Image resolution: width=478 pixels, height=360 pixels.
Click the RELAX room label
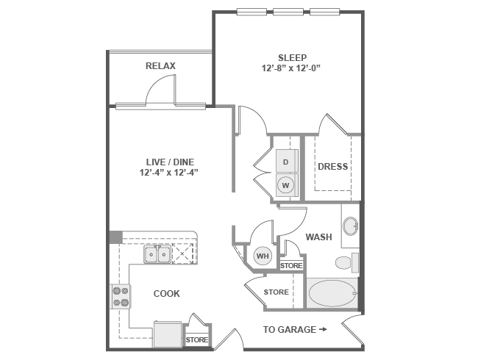[160, 66]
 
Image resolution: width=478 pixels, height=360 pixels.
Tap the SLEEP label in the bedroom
[292, 57]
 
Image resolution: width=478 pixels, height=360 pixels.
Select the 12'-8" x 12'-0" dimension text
[292, 68]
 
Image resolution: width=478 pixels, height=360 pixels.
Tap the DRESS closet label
[332, 167]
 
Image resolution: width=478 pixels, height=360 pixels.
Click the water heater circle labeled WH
[263, 256]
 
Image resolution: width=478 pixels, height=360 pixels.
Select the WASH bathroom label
[318, 237]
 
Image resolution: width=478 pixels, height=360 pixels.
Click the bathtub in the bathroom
[332, 294]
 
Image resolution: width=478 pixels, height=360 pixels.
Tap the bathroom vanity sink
[350, 226]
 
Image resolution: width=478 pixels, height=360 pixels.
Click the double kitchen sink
[157, 254]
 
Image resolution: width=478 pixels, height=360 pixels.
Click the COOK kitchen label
[166, 294]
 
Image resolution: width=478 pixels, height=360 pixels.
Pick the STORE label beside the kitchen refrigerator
[196, 340]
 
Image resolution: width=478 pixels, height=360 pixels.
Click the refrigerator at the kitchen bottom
[167, 334]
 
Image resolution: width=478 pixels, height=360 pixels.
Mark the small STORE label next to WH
[291, 265]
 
